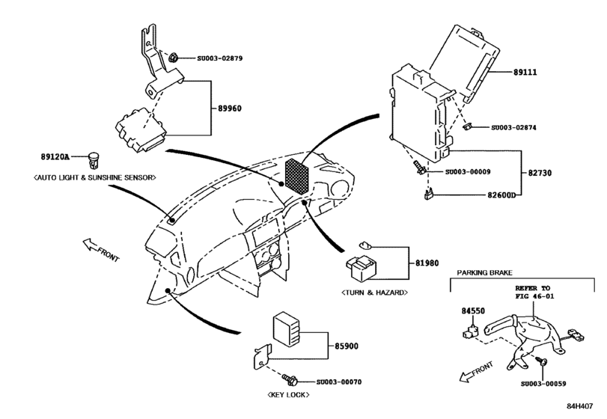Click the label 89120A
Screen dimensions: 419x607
pos(55,157)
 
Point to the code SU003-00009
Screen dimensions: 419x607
pos(469,172)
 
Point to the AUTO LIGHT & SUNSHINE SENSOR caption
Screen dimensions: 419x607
pos(94,177)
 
